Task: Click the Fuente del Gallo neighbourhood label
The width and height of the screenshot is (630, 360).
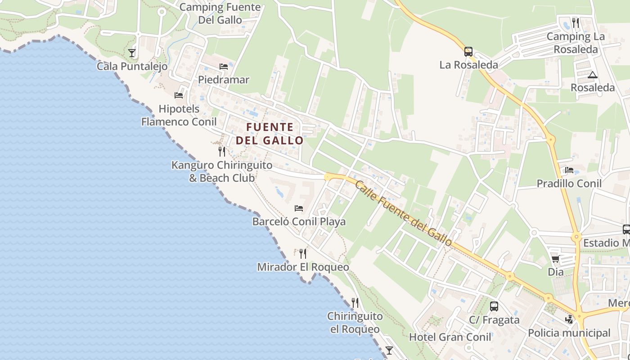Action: tap(270, 134)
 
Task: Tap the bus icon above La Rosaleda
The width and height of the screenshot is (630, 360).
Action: tap(468, 52)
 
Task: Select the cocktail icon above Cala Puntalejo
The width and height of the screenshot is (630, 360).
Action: tap(132, 53)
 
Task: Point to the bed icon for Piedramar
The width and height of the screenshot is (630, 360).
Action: tap(224, 67)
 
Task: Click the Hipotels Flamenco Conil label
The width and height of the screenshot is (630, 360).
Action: tap(179, 115)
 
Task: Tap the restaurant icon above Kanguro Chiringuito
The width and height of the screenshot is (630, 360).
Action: tap(221, 151)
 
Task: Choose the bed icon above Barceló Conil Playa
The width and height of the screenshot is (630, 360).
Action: tap(298, 208)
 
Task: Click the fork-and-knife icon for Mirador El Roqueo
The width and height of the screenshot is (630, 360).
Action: tap(303, 254)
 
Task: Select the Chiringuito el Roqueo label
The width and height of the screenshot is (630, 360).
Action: tap(355, 323)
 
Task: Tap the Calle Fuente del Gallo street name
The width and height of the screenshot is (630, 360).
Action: tap(403, 213)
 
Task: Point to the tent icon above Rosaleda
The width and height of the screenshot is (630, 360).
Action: tap(592, 75)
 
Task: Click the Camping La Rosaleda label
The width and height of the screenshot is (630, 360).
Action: tap(576, 43)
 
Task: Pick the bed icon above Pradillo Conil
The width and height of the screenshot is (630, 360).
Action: tap(569, 170)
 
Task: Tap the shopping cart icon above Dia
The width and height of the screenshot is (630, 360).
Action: tap(555, 259)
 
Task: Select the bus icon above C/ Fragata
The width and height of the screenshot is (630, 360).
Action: tap(494, 306)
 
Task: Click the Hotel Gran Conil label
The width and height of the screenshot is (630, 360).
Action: tap(450, 337)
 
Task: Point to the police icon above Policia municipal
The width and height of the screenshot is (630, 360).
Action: tap(569, 319)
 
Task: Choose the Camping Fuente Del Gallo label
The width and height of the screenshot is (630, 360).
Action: tap(220, 13)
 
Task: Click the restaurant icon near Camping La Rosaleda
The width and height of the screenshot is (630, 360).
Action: tap(576, 22)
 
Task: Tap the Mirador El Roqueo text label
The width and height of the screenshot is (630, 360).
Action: tap(303, 267)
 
